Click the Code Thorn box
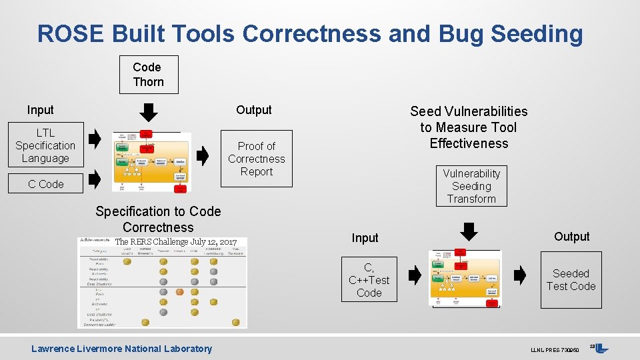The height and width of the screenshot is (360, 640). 148,75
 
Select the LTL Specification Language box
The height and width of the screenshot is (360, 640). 45,145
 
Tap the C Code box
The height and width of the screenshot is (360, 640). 46,184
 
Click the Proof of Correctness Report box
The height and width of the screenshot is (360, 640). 256,159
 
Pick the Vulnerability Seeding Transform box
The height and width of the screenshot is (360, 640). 471,186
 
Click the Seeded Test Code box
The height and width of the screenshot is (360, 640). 571,280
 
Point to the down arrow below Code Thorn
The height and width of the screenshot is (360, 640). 150,111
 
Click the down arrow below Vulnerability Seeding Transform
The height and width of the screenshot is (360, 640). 470,231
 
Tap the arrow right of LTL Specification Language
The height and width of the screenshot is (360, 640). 95,139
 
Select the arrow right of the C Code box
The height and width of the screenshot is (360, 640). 95,178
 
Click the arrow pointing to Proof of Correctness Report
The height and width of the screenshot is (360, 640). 203,156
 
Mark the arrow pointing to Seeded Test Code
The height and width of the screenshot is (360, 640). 521,274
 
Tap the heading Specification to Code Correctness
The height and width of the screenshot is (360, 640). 158,219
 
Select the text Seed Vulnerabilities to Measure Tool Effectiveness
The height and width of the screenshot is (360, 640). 469,127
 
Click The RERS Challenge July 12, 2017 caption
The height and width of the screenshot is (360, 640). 176,241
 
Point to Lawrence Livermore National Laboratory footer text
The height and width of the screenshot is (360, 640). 121,349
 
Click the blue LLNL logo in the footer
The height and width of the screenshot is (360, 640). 601,348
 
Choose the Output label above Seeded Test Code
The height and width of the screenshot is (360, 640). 571,237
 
